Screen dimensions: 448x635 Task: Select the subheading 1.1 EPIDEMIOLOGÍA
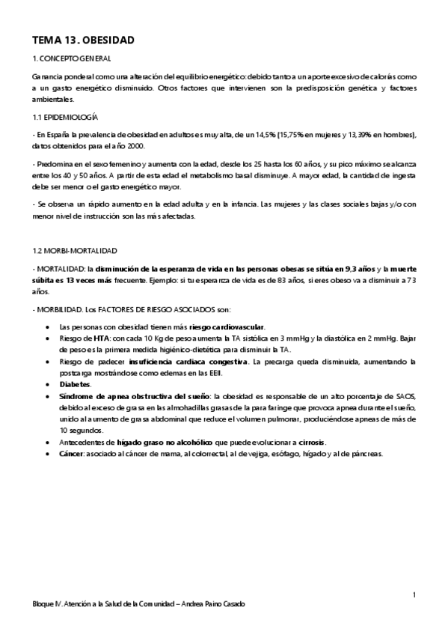66,118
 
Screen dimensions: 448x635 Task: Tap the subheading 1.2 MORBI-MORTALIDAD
74,249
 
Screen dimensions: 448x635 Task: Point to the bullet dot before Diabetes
49,383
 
